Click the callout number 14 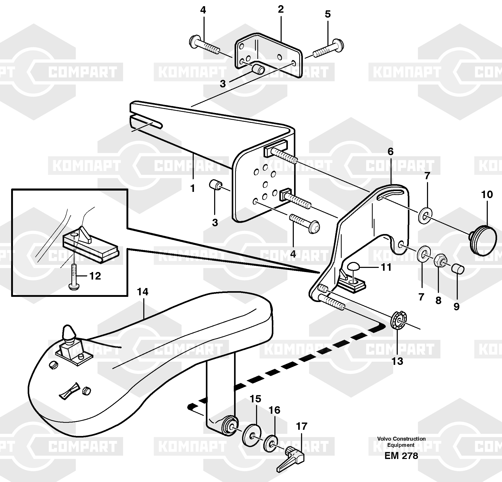pos(143,292)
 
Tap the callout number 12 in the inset pos(95,276)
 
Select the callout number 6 pos(390,152)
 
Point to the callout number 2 pos(281,10)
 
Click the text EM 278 pos(401,456)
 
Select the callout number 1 pos(192,188)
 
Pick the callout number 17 pos(301,426)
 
